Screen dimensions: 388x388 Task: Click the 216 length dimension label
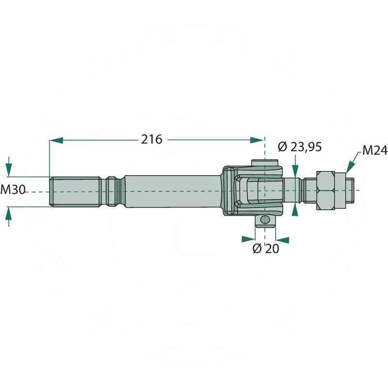click(x=152, y=140)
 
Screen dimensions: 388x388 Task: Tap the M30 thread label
click(x=13, y=190)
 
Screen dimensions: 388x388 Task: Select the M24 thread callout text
click(x=375, y=150)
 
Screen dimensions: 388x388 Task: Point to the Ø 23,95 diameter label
click(x=300, y=147)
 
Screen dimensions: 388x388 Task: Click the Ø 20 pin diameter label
click(x=266, y=248)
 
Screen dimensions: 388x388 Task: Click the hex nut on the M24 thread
click(x=325, y=190)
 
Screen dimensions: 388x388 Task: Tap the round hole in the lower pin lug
click(x=265, y=219)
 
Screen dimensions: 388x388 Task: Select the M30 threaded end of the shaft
click(x=75, y=192)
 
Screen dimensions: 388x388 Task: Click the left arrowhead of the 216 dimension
click(x=56, y=140)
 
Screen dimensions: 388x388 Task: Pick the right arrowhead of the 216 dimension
click(x=257, y=140)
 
